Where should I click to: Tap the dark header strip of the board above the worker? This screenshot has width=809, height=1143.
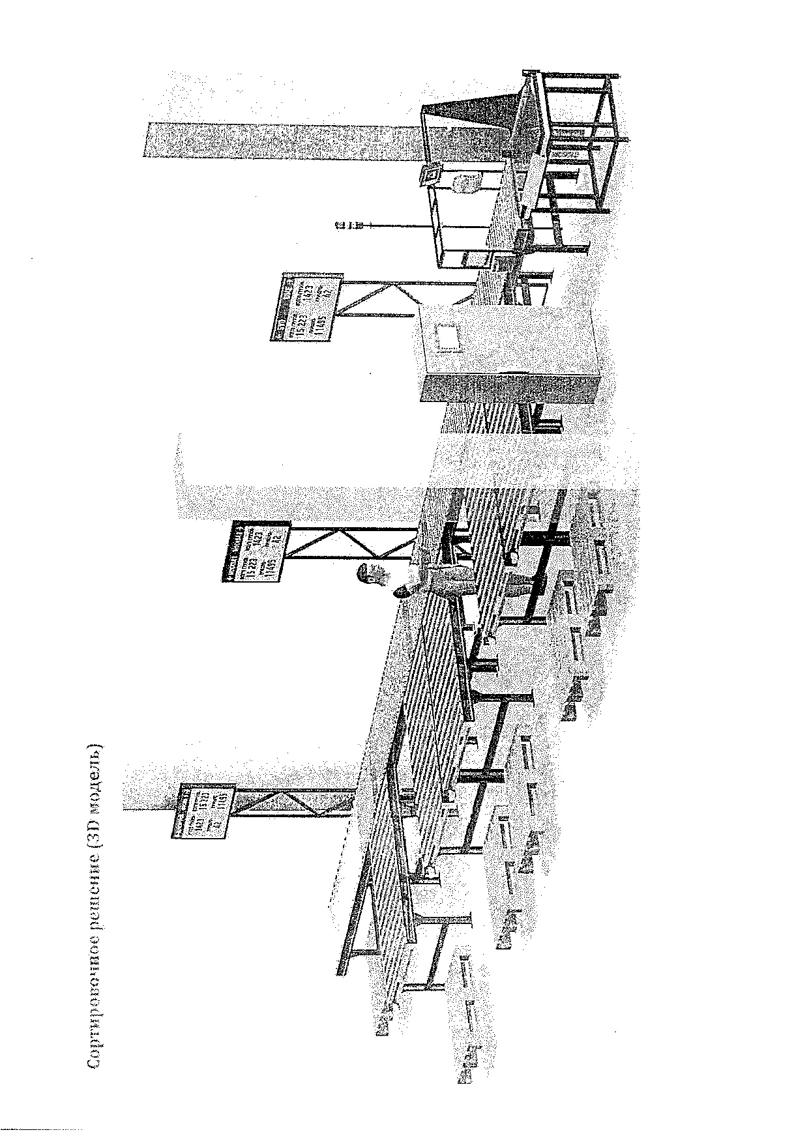click(232, 550)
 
